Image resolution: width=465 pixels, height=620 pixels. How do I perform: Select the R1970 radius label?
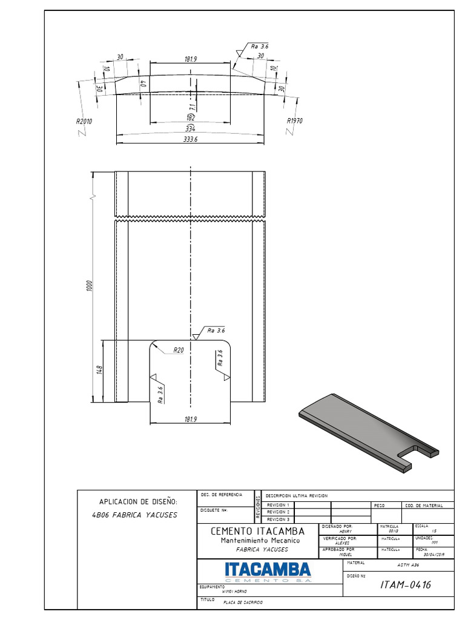tap(294, 120)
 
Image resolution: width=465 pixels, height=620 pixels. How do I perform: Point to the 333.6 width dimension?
tap(190, 139)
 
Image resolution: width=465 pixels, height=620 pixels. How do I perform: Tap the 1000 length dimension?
tap(88, 286)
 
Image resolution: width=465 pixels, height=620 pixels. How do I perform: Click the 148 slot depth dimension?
tap(99, 370)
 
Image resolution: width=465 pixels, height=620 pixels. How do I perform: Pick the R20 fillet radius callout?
tap(179, 350)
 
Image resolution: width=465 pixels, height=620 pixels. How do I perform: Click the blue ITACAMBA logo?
tap(267, 569)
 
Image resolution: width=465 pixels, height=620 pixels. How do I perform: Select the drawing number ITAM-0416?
tap(405, 584)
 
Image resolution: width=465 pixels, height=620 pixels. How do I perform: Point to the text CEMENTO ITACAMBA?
tap(257, 531)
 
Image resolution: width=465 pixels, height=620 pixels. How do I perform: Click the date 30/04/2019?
tap(434, 553)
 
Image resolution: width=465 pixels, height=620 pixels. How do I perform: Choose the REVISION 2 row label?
tap(279, 512)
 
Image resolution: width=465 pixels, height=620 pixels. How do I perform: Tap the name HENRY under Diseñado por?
tap(346, 531)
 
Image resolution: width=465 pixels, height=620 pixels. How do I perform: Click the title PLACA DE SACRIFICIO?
tap(243, 603)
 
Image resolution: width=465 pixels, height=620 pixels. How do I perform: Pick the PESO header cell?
tap(380, 505)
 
